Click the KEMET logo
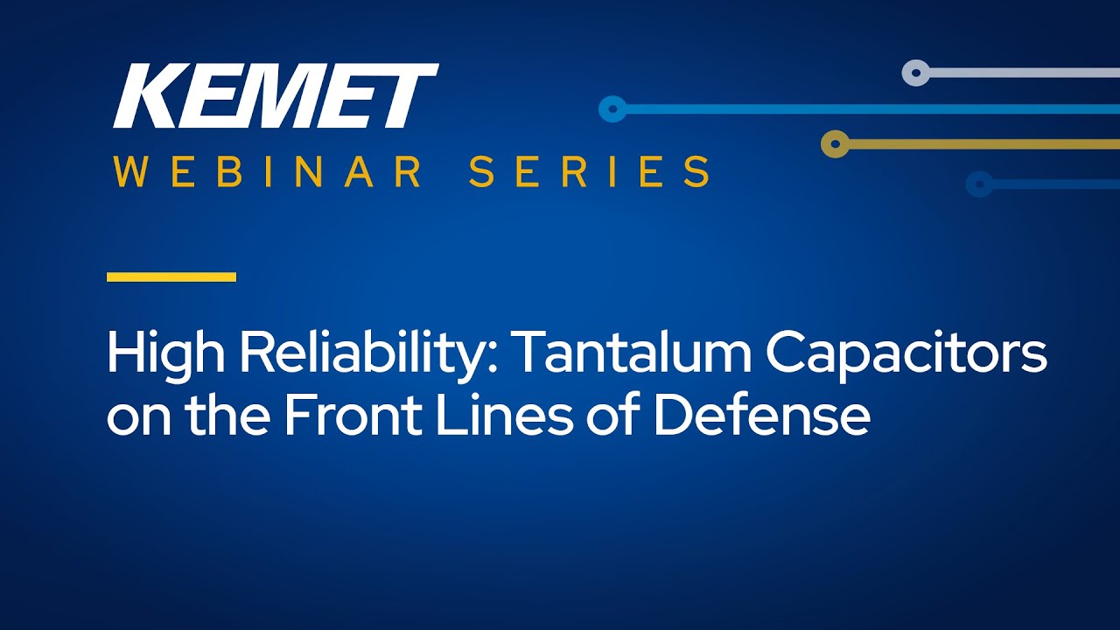click(276, 95)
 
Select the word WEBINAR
click(267, 171)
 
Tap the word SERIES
click(589, 171)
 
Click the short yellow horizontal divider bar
click(171, 277)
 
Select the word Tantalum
click(631, 352)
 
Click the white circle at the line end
click(916, 73)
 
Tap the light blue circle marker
click(613, 109)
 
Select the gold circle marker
click(835, 144)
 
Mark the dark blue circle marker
click(979, 185)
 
